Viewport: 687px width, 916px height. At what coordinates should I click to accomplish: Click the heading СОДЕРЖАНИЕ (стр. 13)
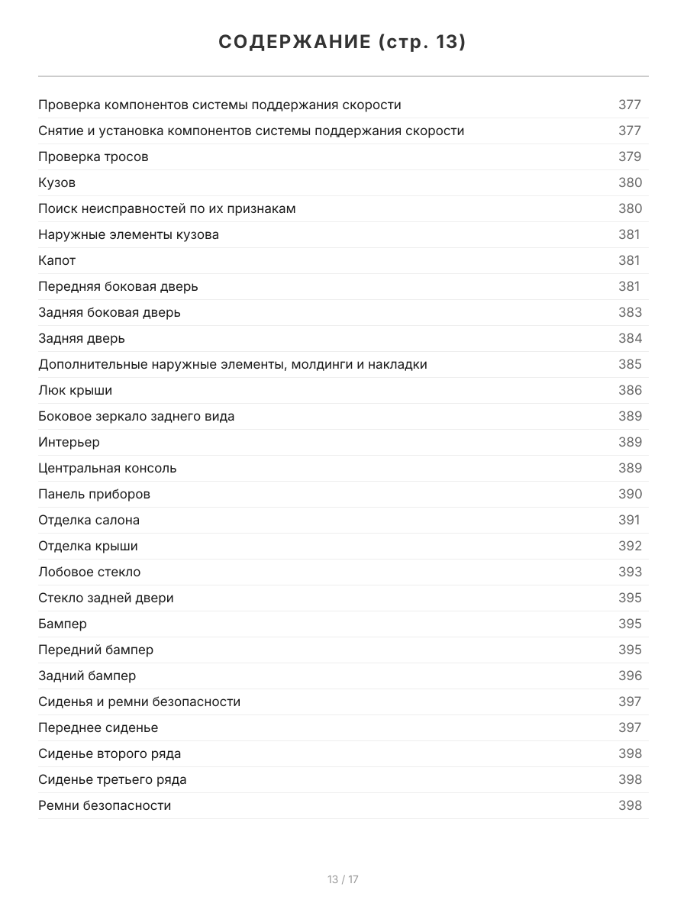pyautogui.click(x=343, y=42)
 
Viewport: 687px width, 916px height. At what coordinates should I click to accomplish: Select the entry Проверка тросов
pyautogui.click(x=93, y=156)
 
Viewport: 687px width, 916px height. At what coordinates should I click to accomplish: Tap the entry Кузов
pyautogui.click(x=57, y=182)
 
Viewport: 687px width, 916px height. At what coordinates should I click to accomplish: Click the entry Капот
pyautogui.click(x=57, y=260)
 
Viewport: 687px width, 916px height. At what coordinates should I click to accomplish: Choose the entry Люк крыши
pyautogui.click(x=75, y=390)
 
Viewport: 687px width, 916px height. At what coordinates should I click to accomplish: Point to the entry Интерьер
pyautogui.click(x=69, y=442)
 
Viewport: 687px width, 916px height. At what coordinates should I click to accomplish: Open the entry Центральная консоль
pyautogui.click(x=108, y=468)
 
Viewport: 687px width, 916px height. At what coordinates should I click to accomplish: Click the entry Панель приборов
pyautogui.click(x=94, y=494)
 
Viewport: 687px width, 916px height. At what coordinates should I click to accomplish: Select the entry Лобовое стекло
pyautogui.click(x=89, y=572)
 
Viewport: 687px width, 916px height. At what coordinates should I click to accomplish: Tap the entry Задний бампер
pyautogui.click(x=87, y=676)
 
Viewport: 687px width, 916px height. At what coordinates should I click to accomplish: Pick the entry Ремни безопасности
pyautogui.click(x=105, y=805)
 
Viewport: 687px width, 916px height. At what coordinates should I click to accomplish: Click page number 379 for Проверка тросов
pyautogui.click(x=630, y=156)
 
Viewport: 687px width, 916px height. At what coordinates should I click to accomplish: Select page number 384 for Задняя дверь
pyautogui.click(x=630, y=338)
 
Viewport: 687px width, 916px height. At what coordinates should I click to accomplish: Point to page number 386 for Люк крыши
pyautogui.click(x=630, y=390)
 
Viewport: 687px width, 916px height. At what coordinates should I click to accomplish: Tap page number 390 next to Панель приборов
pyautogui.click(x=630, y=494)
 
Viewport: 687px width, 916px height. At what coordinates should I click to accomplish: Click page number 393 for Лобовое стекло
pyautogui.click(x=630, y=572)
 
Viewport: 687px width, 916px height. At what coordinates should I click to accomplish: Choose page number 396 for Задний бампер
pyautogui.click(x=630, y=676)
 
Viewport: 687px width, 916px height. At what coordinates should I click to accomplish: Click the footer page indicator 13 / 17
pyautogui.click(x=343, y=879)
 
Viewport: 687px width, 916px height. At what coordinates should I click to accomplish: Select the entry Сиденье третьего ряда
pyautogui.click(x=112, y=779)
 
